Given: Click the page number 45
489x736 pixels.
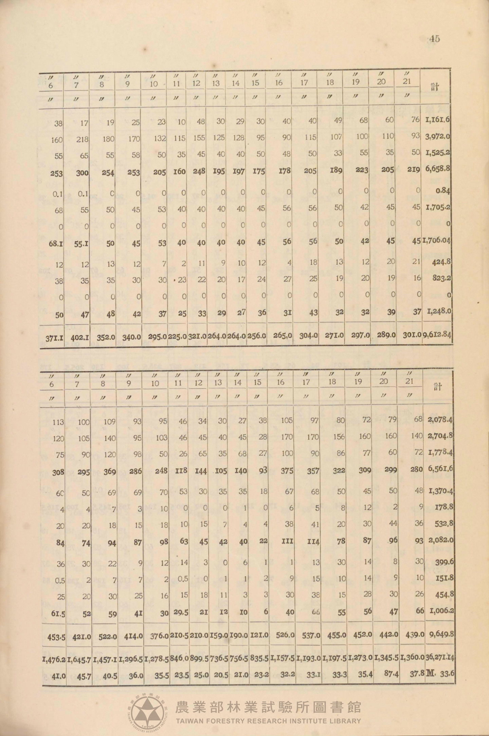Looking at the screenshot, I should point(434,39).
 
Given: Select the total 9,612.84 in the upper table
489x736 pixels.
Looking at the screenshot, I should point(437,335).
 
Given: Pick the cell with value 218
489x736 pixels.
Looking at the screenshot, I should point(82,139).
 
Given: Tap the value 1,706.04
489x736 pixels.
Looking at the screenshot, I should point(436,241).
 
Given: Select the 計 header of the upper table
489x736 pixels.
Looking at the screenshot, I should point(435,87).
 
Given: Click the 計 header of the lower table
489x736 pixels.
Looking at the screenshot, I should point(438,387).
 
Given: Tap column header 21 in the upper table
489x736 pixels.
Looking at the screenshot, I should point(406,81).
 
